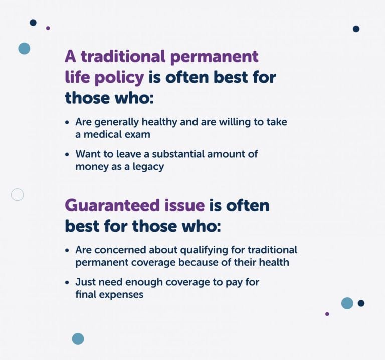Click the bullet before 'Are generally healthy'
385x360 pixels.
point(68,122)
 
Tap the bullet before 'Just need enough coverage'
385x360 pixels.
point(68,283)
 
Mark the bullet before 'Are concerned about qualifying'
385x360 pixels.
point(68,250)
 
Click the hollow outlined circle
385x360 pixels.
point(18,194)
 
